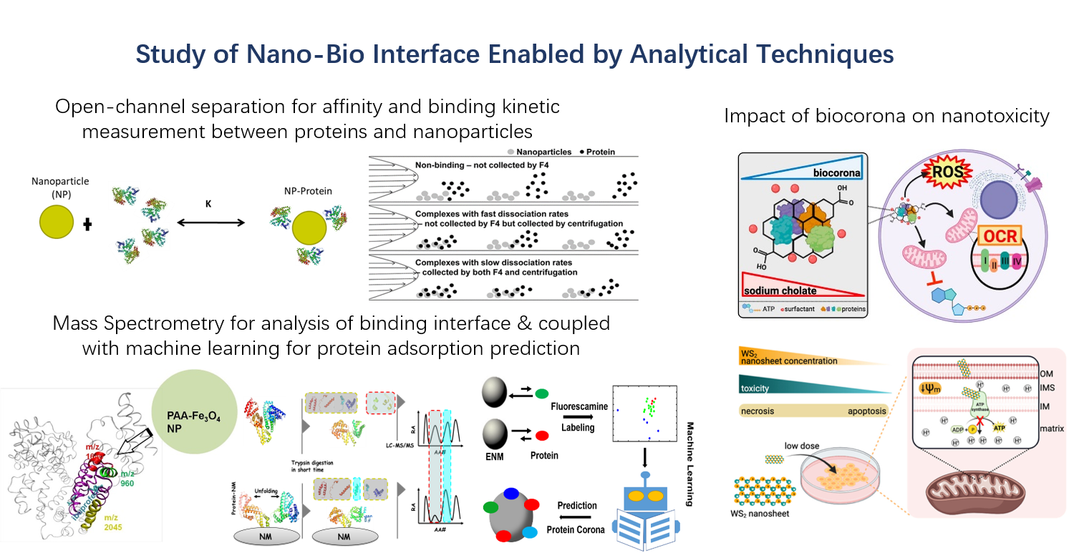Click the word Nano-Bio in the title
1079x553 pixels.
tap(323, 55)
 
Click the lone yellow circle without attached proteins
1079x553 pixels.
tap(56, 222)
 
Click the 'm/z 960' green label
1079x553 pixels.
tap(126, 478)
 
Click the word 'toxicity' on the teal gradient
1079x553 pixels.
tap(761, 388)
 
